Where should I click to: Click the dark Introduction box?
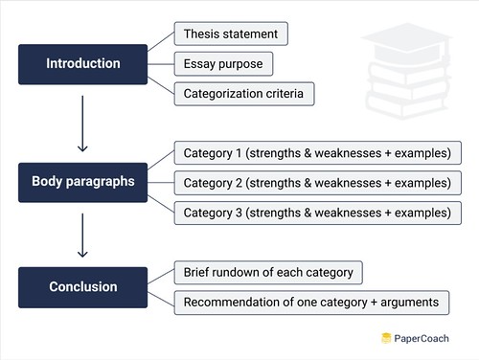coord(83,64)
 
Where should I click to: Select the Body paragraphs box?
coord(83,182)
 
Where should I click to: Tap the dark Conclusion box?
coord(83,287)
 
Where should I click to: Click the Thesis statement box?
coord(230,34)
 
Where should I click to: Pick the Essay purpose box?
coord(223,64)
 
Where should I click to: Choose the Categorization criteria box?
coord(243,94)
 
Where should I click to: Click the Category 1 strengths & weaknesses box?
coord(318,152)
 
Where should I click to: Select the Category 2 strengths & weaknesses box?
coord(318,182)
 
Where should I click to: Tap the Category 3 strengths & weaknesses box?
coord(318,212)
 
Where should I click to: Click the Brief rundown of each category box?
coord(267,273)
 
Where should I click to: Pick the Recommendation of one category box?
coord(310,303)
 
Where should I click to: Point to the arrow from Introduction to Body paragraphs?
coord(83,124)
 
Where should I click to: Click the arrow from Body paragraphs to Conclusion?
coord(83,235)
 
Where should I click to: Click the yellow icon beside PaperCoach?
coord(386,338)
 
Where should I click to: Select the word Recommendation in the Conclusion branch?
coord(230,303)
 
